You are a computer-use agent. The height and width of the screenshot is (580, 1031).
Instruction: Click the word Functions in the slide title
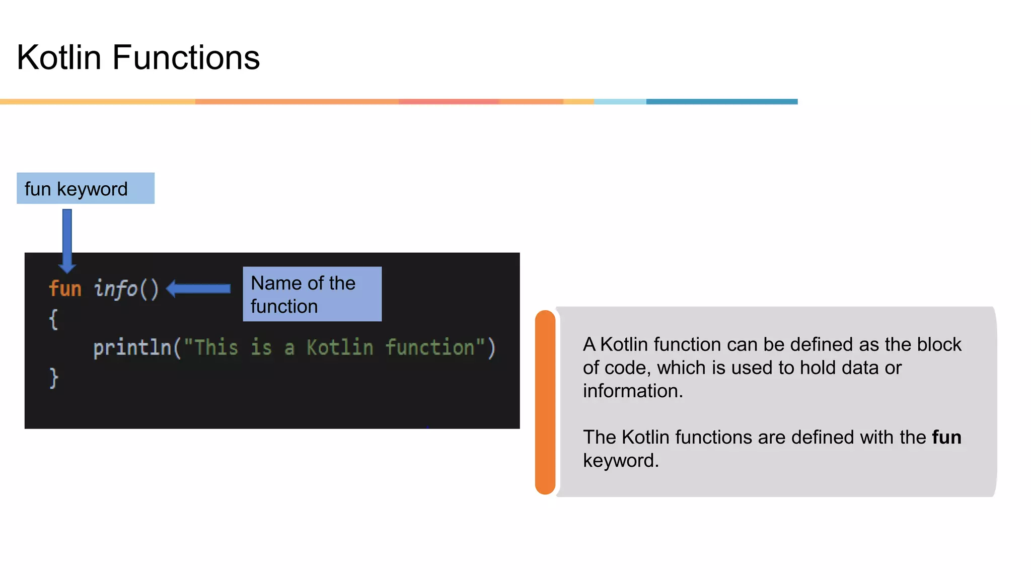pos(186,57)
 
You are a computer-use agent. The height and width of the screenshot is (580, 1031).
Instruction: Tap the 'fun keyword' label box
pos(86,188)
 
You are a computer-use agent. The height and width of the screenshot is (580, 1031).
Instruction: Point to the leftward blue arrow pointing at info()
pos(198,288)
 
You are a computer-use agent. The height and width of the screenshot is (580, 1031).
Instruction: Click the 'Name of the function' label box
pos(312,294)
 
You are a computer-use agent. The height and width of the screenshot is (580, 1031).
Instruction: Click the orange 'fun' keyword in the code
pos(65,289)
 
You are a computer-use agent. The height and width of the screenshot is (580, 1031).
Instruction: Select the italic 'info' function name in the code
pos(115,289)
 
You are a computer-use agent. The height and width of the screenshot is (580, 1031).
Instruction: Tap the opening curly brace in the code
pos(53,319)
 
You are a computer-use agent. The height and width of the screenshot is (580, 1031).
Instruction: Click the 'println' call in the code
pos(132,348)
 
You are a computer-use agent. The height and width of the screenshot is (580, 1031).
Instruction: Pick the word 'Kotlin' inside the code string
pos(340,348)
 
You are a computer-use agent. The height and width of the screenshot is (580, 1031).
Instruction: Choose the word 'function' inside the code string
pos(430,348)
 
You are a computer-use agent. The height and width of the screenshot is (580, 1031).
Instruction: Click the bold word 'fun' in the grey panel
pos(946,437)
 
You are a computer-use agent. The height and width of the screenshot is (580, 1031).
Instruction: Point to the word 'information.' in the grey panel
pos(633,391)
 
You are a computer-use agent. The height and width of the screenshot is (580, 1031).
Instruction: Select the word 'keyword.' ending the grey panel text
pos(621,461)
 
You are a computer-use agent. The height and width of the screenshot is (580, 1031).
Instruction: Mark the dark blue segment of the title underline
pos(722,102)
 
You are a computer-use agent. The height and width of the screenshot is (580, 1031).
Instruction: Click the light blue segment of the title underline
pos(620,102)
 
